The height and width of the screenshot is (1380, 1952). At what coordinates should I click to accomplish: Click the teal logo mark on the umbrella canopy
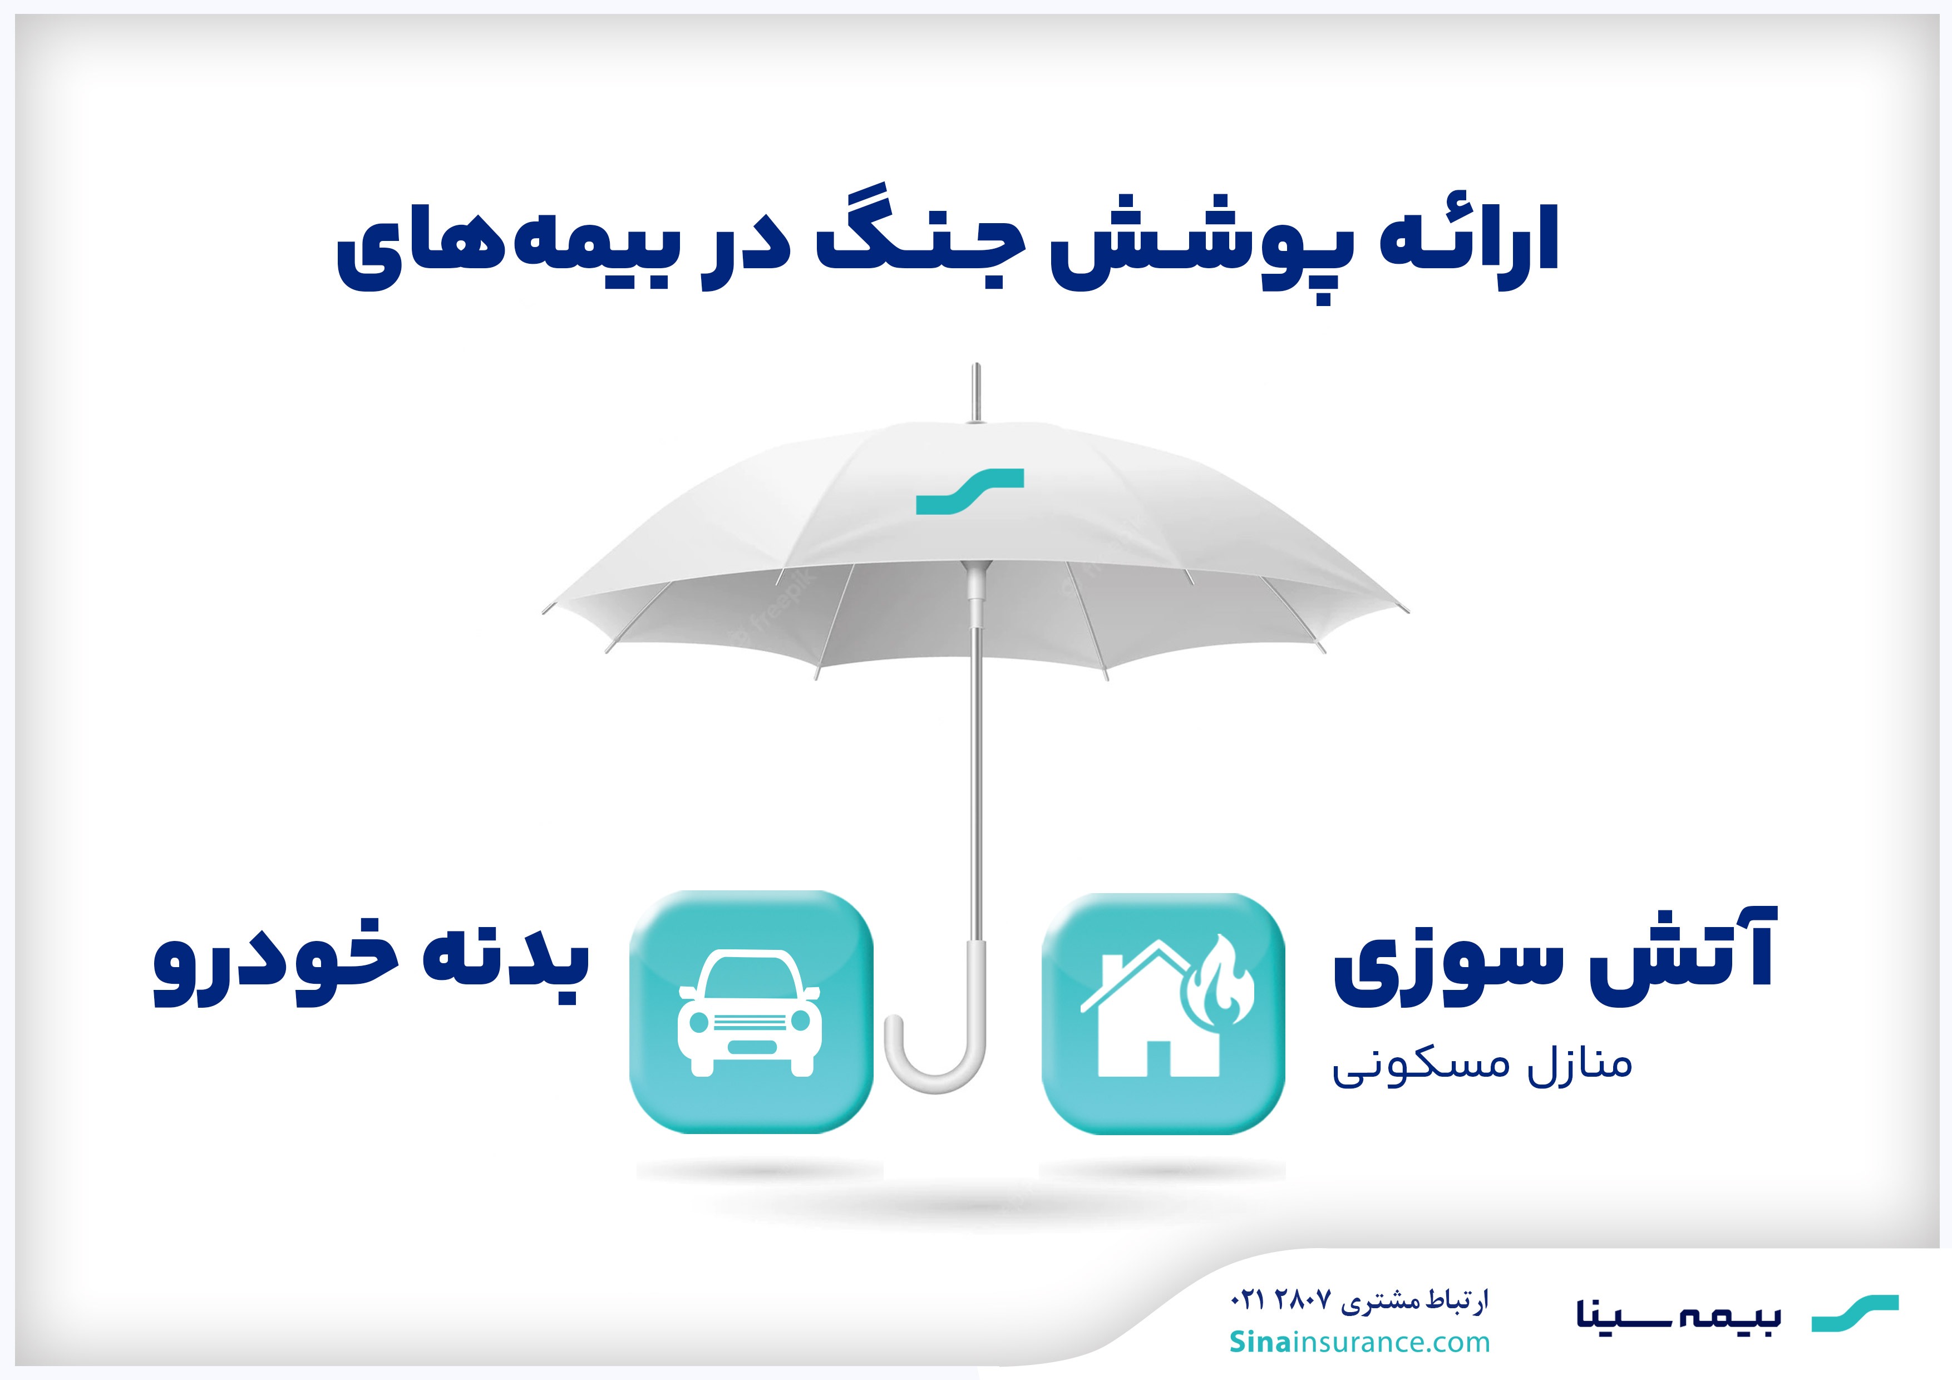(970, 491)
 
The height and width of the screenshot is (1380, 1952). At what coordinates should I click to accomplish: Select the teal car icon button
(751, 1012)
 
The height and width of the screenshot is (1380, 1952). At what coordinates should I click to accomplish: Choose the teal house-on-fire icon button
(1163, 1013)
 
